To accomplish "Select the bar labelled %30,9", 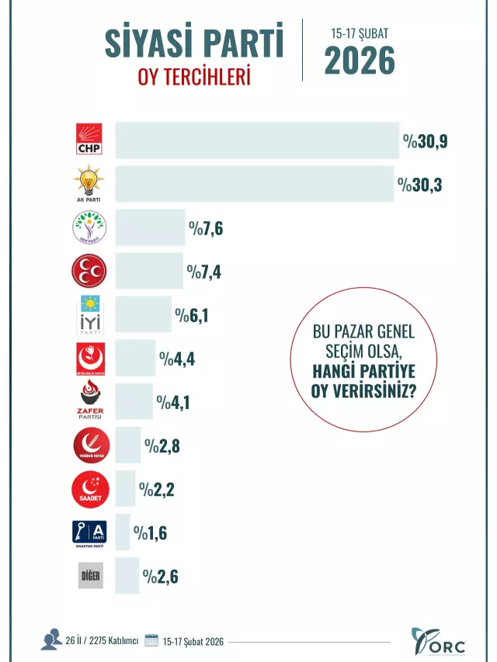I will [x=257, y=140].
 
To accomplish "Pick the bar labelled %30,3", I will [x=254, y=184].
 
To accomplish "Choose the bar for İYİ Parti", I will [x=143, y=314].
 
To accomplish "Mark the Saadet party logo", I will [x=89, y=490].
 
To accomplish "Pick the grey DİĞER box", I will [x=91, y=577].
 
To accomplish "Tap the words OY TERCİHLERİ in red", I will [x=194, y=77].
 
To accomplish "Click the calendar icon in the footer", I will [x=151, y=641].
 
